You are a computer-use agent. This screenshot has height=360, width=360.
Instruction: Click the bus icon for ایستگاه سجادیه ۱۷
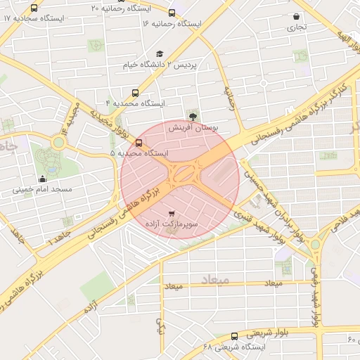coord(35,8)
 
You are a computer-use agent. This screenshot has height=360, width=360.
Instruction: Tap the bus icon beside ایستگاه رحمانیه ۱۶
coord(172,13)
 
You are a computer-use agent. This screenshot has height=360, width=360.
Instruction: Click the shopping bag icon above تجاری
coord(296,16)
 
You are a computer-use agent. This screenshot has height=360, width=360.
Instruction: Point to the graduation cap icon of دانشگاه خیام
coord(160,53)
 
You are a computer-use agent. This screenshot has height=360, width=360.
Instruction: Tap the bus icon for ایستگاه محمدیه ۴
coord(135,92)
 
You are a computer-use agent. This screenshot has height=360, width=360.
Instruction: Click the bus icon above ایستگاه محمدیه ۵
coord(139,142)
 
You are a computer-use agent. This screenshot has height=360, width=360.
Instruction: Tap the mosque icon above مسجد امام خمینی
coord(43,178)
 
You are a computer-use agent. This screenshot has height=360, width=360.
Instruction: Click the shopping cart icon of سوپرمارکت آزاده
coord(172,212)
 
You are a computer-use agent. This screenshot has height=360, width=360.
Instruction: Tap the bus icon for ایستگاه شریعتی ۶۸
coord(234,336)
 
